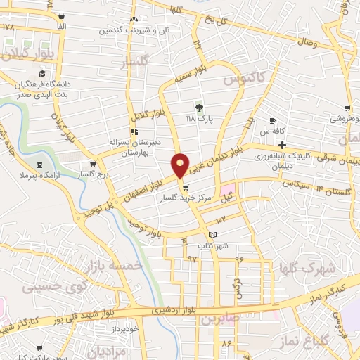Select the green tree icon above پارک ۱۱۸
199,108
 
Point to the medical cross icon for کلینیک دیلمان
281,145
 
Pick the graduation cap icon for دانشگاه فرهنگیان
42,73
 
